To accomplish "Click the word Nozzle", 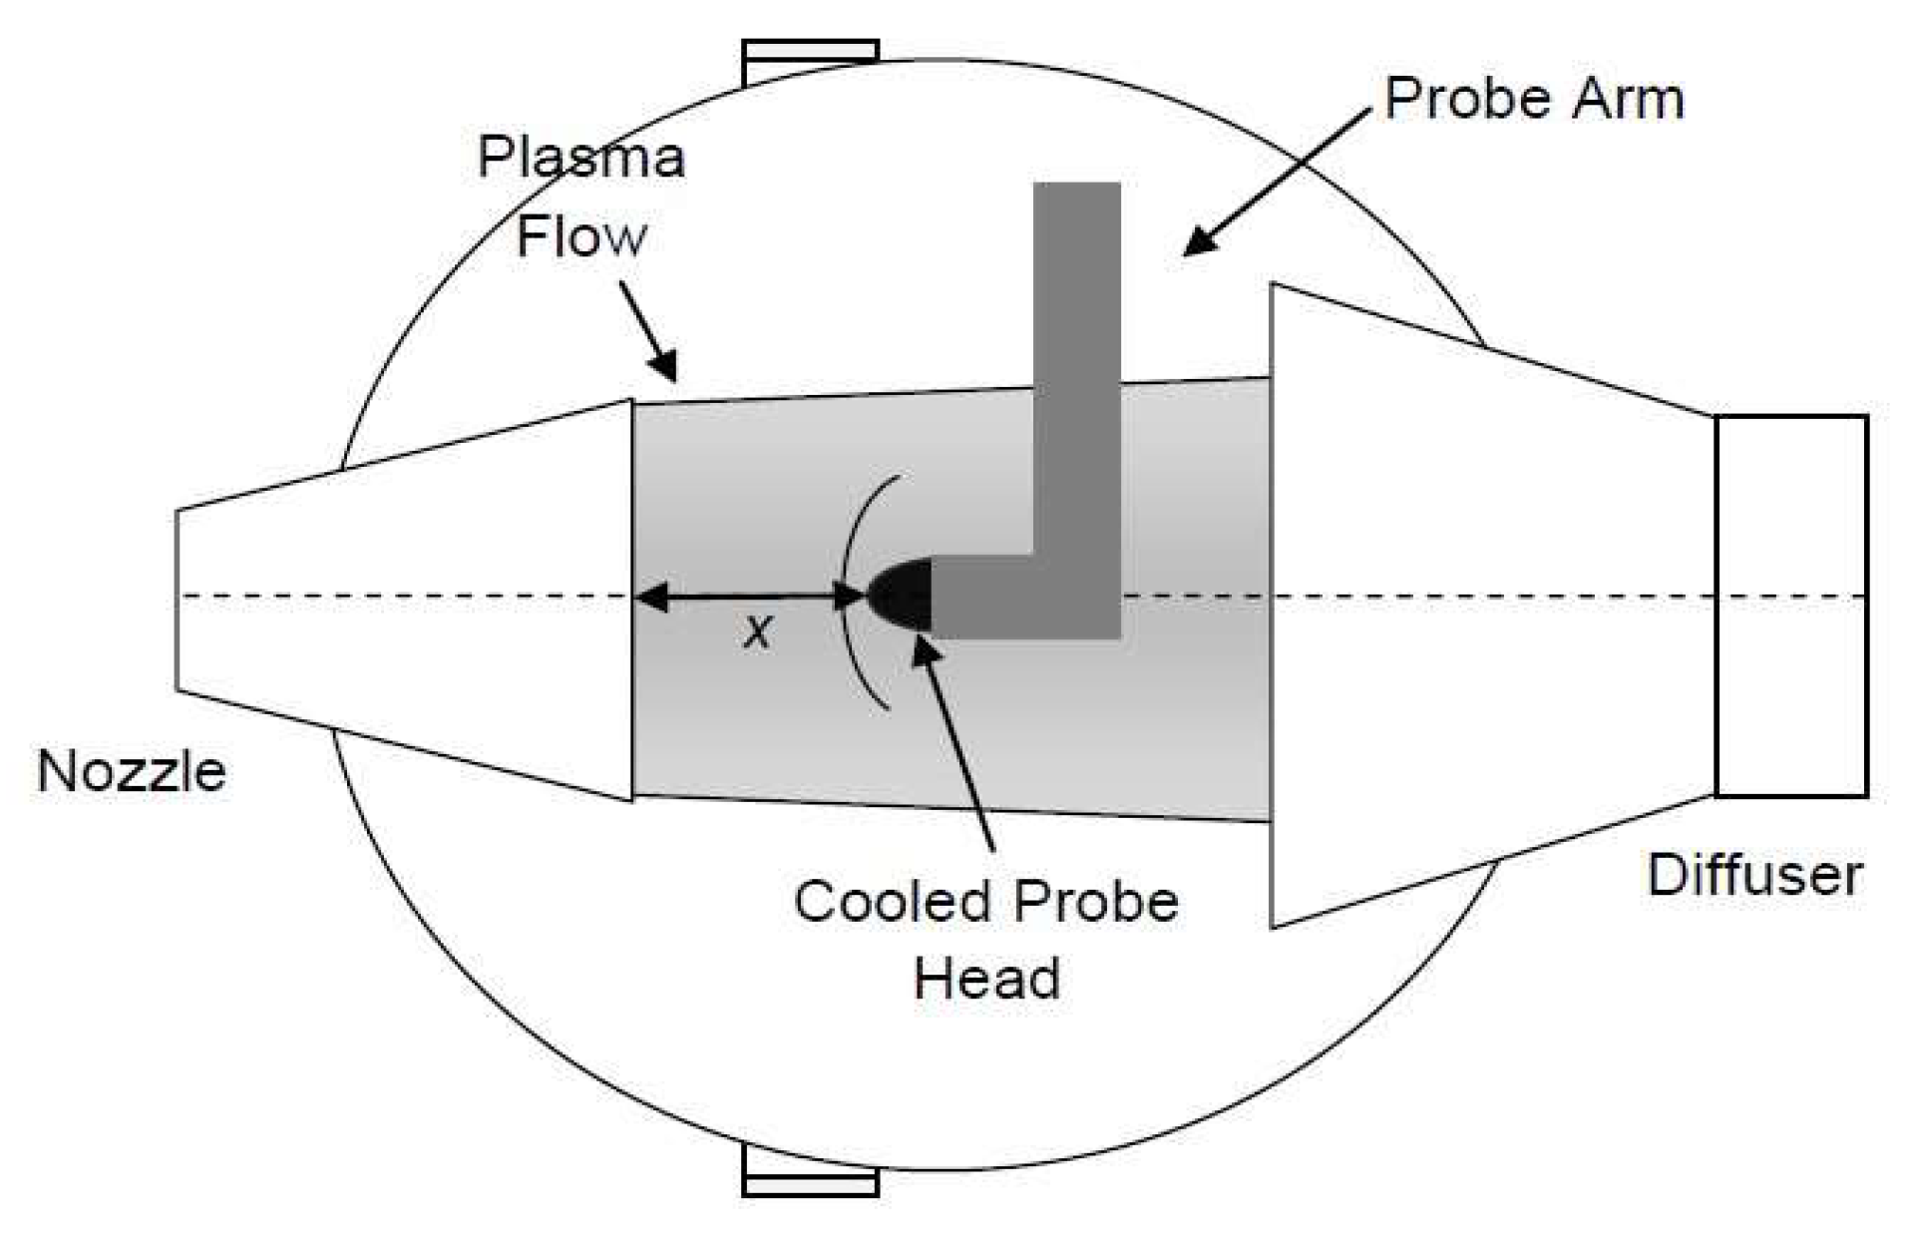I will (x=132, y=771).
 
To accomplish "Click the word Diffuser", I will (x=1754, y=875).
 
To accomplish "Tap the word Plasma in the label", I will (x=581, y=157).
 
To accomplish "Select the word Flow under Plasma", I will (x=581, y=237).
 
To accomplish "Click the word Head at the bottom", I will (x=986, y=979).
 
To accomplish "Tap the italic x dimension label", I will (x=757, y=631).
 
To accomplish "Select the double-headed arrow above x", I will (x=749, y=598).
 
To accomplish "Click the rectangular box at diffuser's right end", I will (x=1790, y=606).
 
